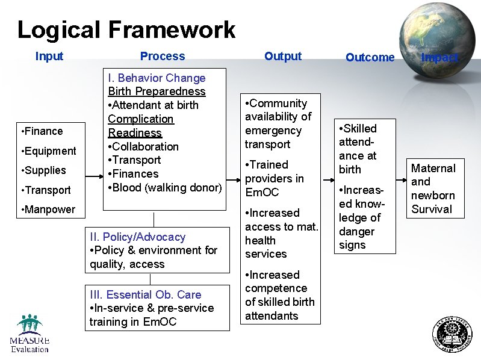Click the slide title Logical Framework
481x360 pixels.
pyautogui.click(x=126, y=29)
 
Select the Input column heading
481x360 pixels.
pyautogui.click(x=49, y=57)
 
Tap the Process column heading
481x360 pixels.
pyautogui.click(x=163, y=57)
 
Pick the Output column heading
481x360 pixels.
pyautogui.click(x=283, y=56)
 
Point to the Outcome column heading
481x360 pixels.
pyautogui.click(x=370, y=58)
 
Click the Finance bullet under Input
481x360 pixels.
pyautogui.click(x=42, y=131)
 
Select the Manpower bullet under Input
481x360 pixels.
pyautogui.click(x=48, y=209)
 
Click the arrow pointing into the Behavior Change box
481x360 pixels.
pyautogui.click(x=94, y=177)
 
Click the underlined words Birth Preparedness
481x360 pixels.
pyautogui.click(x=157, y=92)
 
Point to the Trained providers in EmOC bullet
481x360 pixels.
pyautogui.click(x=275, y=179)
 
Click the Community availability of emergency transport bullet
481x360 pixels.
pyautogui.click(x=278, y=124)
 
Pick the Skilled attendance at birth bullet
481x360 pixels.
pyautogui.click(x=358, y=149)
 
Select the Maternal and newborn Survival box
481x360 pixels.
pyautogui.click(x=433, y=189)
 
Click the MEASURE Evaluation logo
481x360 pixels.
pyautogui.click(x=29, y=334)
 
